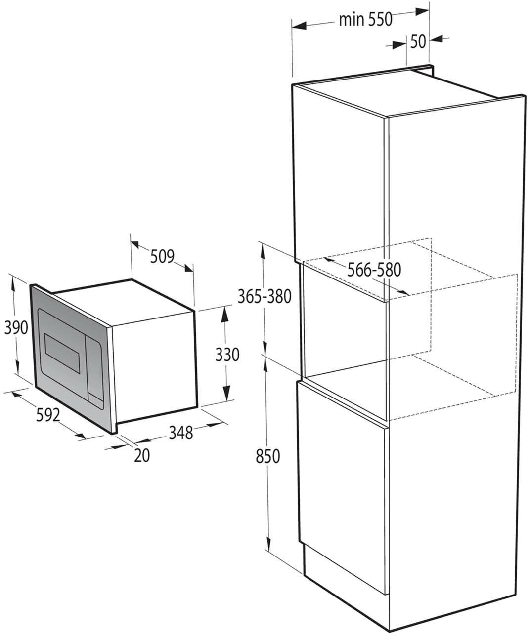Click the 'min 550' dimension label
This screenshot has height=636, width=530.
tap(365, 19)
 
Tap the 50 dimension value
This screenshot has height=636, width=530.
tap(418, 42)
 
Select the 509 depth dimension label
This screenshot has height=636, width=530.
tap(162, 256)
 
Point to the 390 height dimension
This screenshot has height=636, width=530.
tap(16, 328)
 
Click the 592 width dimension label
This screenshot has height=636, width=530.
tap(48, 415)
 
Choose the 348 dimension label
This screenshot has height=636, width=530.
tap(181, 433)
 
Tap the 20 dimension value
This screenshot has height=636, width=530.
tap(142, 456)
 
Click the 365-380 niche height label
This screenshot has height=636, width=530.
tap(265, 296)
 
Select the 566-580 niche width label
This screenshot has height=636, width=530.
tap(374, 270)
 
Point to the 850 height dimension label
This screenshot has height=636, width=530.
tap(268, 456)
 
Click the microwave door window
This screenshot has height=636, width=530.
tap(62, 353)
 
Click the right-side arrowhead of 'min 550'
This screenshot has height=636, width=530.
tap(422, 12)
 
